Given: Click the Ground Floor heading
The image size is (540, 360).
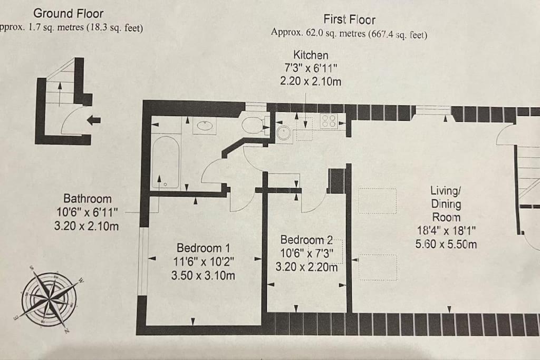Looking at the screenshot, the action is point(68,13).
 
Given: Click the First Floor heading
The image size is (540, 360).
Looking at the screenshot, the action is point(349,20).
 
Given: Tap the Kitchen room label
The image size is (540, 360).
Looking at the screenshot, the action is point(311,55).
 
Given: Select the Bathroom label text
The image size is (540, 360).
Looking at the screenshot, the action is point(88,199).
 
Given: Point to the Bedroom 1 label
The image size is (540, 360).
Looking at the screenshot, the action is point(203,248).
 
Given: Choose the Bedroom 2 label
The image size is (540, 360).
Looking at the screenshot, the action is point(306,239).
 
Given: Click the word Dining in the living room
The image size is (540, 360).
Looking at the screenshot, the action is point(446,204).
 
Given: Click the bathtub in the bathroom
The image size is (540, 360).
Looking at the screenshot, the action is point(166,162).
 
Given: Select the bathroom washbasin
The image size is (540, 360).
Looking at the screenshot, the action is point(205,126).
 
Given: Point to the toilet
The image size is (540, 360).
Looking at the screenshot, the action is point(255,124).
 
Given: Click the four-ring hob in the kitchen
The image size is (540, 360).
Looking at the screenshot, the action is point(329,121).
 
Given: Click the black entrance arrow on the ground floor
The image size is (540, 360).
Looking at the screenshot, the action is point(94,120).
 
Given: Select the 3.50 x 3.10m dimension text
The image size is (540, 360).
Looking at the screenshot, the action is point(203,275).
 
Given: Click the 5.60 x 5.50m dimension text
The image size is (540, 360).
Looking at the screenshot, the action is point(446,244).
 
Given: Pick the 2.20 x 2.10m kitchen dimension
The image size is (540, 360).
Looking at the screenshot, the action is point(311,81).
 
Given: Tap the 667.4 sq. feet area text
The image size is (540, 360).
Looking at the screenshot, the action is point(398,34).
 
